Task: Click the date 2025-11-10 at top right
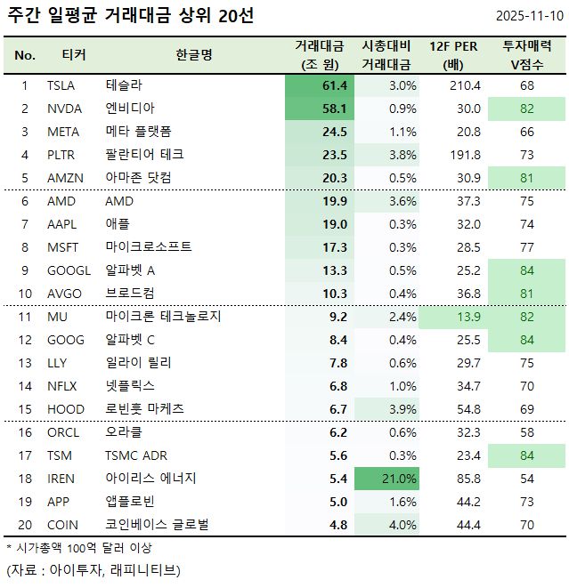pyautogui.click(x=529, y=17)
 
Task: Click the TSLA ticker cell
pyautogui.click(x=61, y=85)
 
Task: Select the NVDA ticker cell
pyautogui.click(x=63, y=108)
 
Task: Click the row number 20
pyautogui.click(x=25, y=524)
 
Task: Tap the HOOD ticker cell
pyautogui.click(x=63, y=408)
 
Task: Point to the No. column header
pyautogui.click(x=25, y=55)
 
